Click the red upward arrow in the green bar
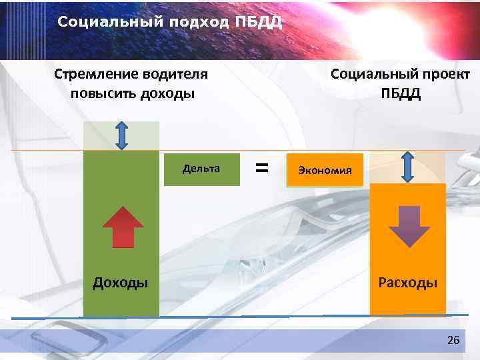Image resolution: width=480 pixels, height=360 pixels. pyautogui.click(x=123, y=227)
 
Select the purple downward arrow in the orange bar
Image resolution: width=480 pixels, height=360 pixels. pyautogui.click(x=409, y=227)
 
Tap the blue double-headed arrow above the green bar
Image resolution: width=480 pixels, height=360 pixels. pyautogui.click(x=121, y=135)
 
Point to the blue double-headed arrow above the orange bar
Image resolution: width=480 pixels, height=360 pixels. pyautogui.click(x=409, y=166)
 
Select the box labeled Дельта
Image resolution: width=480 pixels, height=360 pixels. pyautogui.click(x=201, y=169)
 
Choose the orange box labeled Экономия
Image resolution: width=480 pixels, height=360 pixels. pyautogui.click(x=325, y=169)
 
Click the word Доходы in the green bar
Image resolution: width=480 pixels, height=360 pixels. pyautogui.click(x=120, y=283)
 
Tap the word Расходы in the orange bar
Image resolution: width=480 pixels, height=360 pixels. pyautogui.click(x=408, y=283)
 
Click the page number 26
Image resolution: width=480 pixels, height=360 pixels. pyautogui.click(x=453, y=341)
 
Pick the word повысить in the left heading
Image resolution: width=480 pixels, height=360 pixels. pyautogui.click(x=102, y=93)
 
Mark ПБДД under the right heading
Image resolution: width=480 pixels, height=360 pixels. pyautogui.click(x=401, y=93)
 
